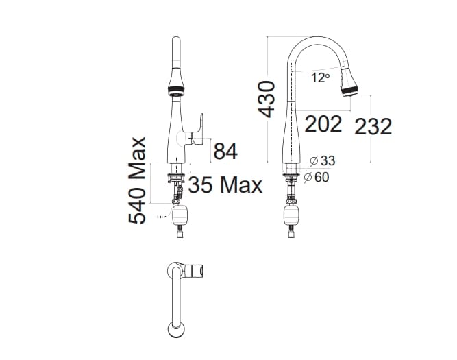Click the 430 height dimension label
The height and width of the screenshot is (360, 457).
point(267,98)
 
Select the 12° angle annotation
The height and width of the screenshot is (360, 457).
point(319,78)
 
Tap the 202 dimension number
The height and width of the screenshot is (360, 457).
point(323,124)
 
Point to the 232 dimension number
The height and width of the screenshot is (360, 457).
point(373,126)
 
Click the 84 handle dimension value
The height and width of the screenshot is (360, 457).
point(225,151)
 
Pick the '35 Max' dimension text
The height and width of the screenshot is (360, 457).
point(225,185)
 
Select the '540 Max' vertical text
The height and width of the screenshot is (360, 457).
point(139,180)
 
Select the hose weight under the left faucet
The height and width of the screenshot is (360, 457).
point(181,217)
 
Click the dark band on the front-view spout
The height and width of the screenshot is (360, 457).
point(174,89)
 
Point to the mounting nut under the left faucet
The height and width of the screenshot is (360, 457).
point(176,179)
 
